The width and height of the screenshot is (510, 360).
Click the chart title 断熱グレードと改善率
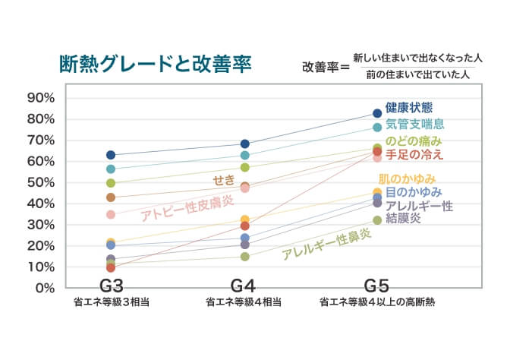(156, 62)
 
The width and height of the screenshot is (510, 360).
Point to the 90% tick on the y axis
(40, 98)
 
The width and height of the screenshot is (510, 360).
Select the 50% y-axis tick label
(40, 182)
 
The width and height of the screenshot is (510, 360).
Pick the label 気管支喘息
(414, 124)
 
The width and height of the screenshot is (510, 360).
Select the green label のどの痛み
(414, 141)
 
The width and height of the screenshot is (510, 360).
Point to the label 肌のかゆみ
(411, 179)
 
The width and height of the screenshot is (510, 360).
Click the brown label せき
(224, 178)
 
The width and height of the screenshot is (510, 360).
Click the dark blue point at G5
(377, 113)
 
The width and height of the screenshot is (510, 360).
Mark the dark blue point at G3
(111, 155)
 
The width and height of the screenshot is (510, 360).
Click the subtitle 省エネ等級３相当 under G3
(111, 302)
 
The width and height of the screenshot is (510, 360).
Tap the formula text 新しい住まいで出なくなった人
(418, 58)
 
